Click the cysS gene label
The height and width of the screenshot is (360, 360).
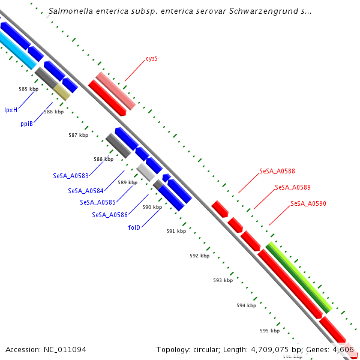point(152,59)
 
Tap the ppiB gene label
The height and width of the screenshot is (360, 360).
point(26,123)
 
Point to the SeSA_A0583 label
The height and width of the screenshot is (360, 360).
point(71,176)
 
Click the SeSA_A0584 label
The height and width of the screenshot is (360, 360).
point(86,191)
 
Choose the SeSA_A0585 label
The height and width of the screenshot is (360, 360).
point(98,202)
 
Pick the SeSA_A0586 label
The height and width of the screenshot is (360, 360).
point(110,215)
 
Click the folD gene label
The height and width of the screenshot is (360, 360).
point(134,227)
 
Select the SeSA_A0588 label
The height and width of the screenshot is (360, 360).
point(277,171)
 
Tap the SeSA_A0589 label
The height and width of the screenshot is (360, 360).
point(293,187)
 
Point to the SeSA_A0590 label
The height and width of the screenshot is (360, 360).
point(308,204)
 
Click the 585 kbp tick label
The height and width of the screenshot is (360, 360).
point(28,89)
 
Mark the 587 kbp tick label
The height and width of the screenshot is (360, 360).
point(78,135)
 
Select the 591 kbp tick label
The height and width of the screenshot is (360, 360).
point(176,231)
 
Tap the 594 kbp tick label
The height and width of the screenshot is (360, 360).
point(246,305)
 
